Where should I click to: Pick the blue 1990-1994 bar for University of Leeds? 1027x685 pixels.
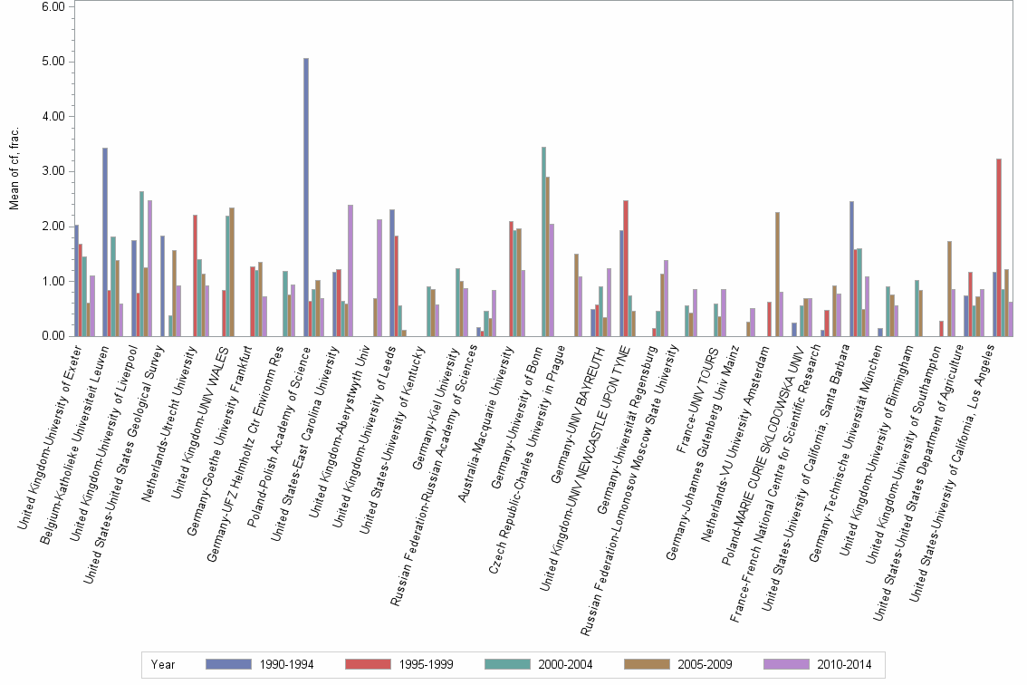392,273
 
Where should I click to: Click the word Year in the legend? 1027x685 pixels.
164,664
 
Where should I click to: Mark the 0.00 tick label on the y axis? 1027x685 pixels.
53,336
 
